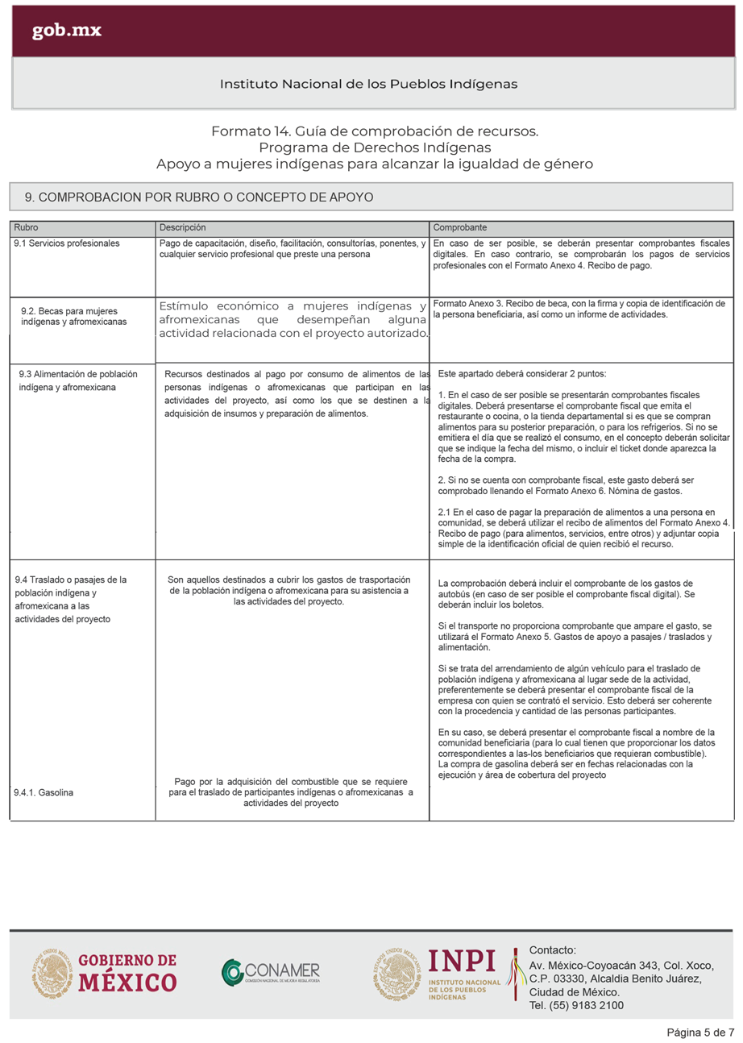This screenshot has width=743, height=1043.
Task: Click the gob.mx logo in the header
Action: pos(67,31)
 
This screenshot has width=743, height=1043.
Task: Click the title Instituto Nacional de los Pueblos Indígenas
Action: pos(368,84)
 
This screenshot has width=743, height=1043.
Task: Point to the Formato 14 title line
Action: pos(374,131)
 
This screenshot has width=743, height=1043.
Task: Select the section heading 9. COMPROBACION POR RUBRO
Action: pos(198,197)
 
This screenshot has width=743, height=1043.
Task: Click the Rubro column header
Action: pos(27,228)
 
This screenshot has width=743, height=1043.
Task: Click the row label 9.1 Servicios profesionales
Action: pos(67,243)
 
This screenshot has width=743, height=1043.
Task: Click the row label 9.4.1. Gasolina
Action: pos(44,793)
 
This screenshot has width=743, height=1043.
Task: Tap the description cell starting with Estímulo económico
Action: pos(293,319)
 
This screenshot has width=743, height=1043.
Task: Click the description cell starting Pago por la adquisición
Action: pos(290,792)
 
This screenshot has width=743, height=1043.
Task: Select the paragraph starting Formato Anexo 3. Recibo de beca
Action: pos(579,309)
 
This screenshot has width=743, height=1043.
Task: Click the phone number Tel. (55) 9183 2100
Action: pos(576,1005)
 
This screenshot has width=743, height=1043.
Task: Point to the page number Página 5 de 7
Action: pos(699,1033)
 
